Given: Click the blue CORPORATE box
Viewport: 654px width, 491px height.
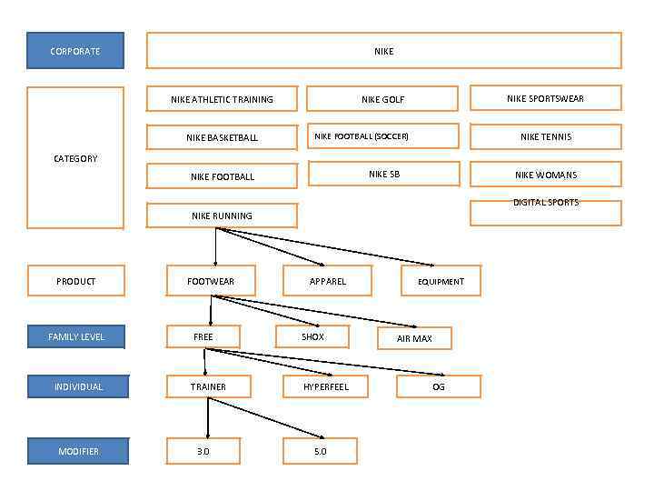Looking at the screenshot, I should tap(75, 51).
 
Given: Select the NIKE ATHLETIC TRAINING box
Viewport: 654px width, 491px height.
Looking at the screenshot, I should tap(222, 99).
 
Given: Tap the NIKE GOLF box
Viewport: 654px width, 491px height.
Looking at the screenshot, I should tap(382, 99).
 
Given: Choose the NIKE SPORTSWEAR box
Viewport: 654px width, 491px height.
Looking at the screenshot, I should tap(545, 98).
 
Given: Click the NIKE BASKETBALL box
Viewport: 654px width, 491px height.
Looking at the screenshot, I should tap(222, 137).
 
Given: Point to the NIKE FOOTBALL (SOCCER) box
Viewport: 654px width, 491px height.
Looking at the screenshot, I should tap(382, 136).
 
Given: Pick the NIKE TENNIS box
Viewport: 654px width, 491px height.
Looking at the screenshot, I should tap(545, 136).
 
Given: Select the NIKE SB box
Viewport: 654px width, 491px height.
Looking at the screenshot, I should tap(382, 174).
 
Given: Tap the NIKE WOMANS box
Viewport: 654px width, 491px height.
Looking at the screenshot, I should tap(545, 175).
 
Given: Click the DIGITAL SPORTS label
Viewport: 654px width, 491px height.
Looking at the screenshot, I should tap(545, 203).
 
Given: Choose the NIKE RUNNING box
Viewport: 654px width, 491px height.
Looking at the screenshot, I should tap(222, 215).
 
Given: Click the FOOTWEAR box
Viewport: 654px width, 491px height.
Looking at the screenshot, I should tap(211, 281).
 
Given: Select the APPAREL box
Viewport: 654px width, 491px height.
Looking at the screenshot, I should tap(327, 281).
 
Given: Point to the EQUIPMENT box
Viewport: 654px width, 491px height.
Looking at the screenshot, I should tap(441, 281).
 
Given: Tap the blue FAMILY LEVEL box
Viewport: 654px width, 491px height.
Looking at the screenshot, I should tap(76, 336).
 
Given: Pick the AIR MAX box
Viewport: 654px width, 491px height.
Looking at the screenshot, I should tap(414, 338).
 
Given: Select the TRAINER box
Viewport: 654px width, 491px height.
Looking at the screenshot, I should tap(208, 386).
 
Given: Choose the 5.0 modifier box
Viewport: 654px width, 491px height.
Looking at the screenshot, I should tap(320, 451).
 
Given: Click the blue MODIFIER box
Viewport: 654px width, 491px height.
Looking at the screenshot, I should tap(78, 451).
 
